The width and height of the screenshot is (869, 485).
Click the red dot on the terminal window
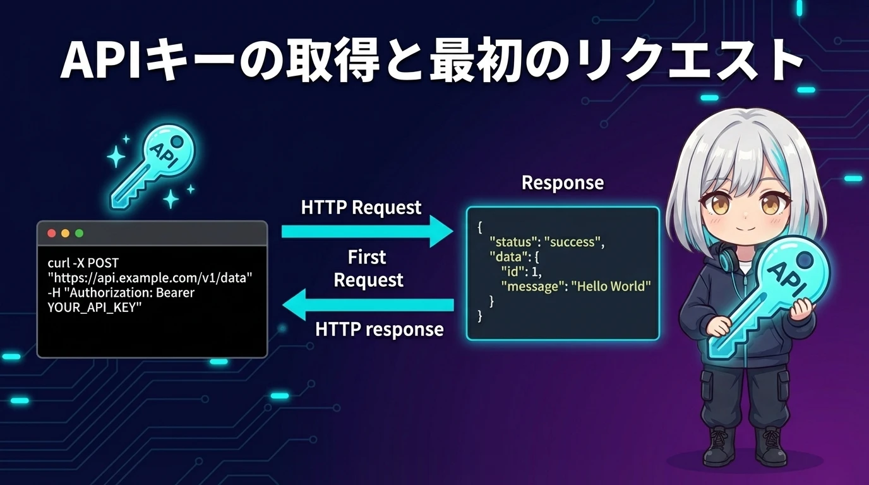[52, 233]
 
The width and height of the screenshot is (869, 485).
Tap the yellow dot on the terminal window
[65, 233]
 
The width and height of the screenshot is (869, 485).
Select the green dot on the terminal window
[79, 233]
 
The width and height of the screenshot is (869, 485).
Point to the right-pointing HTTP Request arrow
[367, 231]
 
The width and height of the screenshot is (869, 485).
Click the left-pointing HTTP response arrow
[367, 306]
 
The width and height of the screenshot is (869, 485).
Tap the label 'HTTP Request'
[361, 207]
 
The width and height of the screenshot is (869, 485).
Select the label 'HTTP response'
[379, 329]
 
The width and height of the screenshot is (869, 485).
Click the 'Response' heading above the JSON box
[562, 183]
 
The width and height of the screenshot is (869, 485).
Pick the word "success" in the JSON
[574, 242]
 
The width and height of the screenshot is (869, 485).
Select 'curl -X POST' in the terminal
[83, 262]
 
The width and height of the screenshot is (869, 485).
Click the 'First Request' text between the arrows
[368, 268]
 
